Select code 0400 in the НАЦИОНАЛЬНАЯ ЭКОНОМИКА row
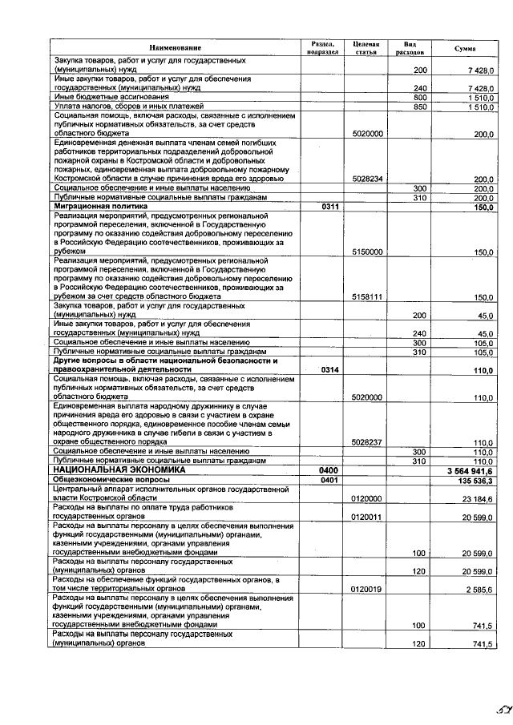point(329,470)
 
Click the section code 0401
point(328,480)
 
